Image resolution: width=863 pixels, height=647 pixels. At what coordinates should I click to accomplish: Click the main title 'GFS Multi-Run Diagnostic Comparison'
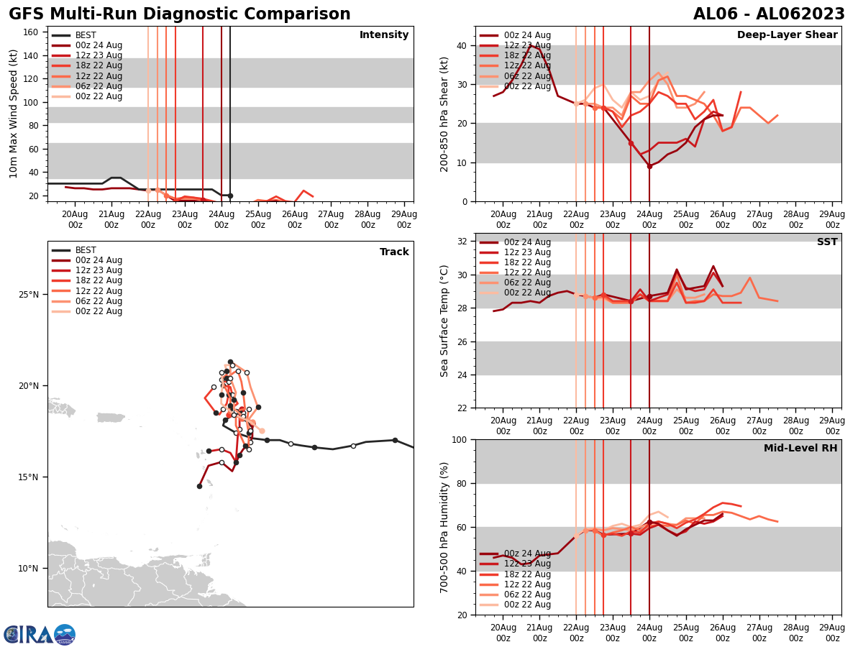coord(179,14)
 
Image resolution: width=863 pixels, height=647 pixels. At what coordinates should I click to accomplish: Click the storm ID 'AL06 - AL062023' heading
coord(769,14)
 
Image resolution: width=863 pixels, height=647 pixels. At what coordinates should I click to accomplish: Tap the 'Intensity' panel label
coord(384,35)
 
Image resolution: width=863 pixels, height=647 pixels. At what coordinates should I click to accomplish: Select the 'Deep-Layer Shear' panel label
coord(787,35)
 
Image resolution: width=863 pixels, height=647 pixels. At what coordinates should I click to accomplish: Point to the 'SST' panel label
coord(826,242)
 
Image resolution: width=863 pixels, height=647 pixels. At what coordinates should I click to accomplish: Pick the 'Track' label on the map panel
coord(394,252)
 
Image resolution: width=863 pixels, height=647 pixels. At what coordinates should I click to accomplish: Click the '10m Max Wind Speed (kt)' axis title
coord(14,114)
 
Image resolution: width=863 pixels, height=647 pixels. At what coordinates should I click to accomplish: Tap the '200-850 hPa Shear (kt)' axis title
coord(444,114)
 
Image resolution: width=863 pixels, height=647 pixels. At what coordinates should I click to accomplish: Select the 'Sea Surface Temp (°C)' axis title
coord(444,321)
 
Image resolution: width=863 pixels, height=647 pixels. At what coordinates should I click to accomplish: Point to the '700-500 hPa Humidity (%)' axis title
coord(444,527)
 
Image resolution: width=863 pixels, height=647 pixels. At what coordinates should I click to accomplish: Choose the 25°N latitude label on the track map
coord(28,295)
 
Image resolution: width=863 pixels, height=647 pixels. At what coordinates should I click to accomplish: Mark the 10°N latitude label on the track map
coord(28,568)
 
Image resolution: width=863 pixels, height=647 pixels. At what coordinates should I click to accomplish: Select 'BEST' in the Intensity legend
coord(86,35)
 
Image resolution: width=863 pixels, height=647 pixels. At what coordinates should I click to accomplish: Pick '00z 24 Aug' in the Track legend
coord(99,260)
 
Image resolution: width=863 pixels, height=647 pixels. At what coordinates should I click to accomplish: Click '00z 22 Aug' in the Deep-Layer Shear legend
coord(527,86)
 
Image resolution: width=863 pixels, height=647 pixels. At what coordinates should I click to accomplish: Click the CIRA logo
coord(40,634)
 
